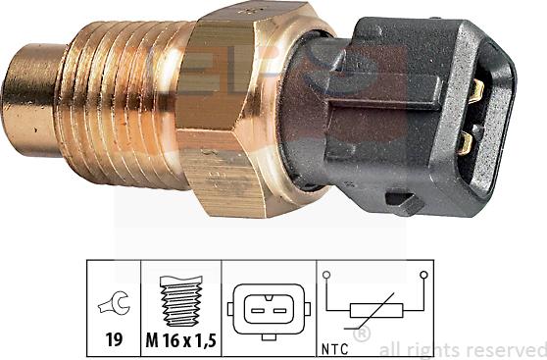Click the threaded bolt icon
click(182, 299)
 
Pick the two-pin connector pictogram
click(268, 308)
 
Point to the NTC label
click(331, 344)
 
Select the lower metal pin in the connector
click(467, 144)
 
